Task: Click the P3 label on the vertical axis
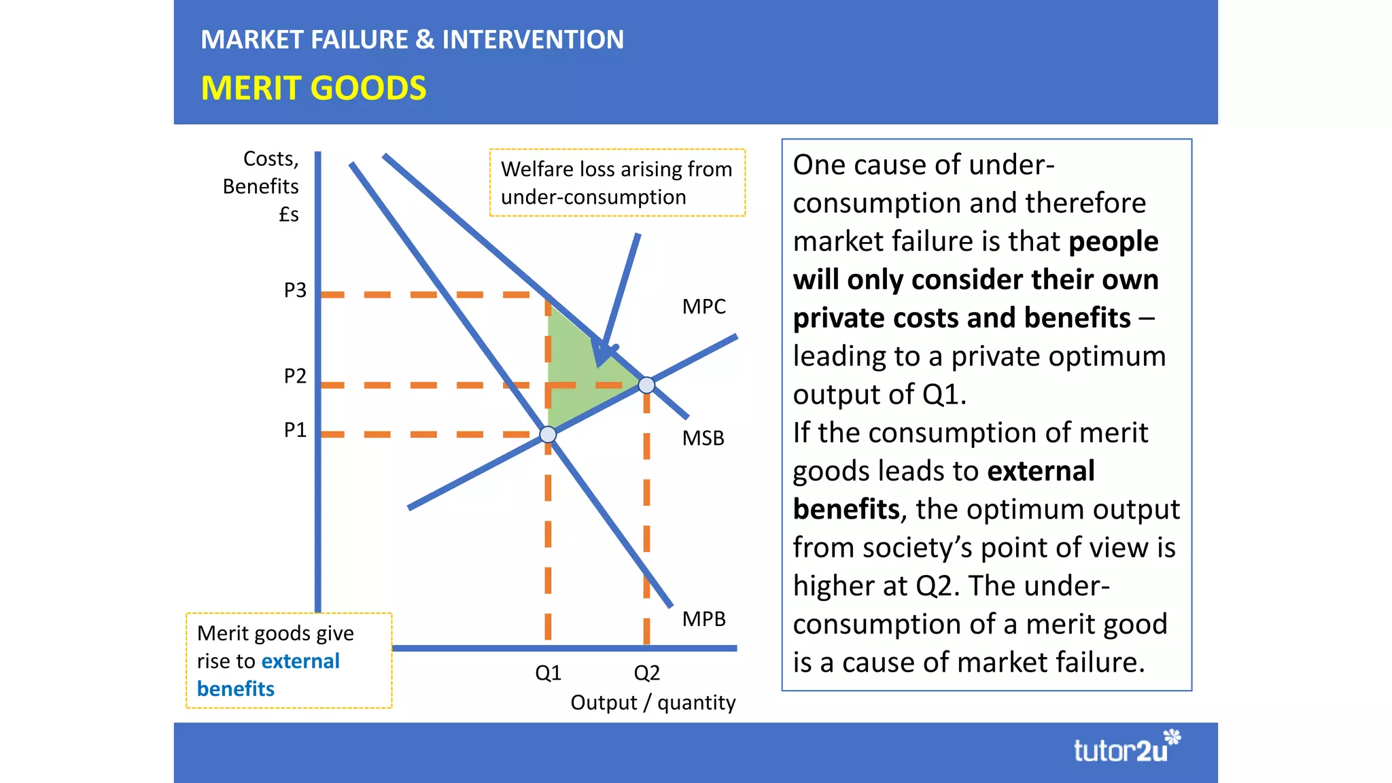coord(295,290)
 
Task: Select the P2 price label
coord(295,376)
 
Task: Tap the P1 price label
coord(295,430)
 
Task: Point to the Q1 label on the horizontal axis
coord(548,673)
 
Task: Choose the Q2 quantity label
coord(646,673)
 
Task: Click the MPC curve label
coord(703,307)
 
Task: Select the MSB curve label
coord(703,438)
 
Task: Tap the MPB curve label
coord(703,619)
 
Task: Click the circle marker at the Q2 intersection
coord(646,385)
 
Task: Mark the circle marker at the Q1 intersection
coord(548,434)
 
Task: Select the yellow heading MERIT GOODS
coord(313,88)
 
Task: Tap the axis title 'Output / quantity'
coord(652,702)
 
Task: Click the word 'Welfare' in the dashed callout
coord(538,169)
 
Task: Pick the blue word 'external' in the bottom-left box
coord(300,661)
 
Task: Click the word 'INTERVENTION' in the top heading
coord(533,39)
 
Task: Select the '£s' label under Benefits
coord(289,215)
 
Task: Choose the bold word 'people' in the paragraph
coord(1113,241)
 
